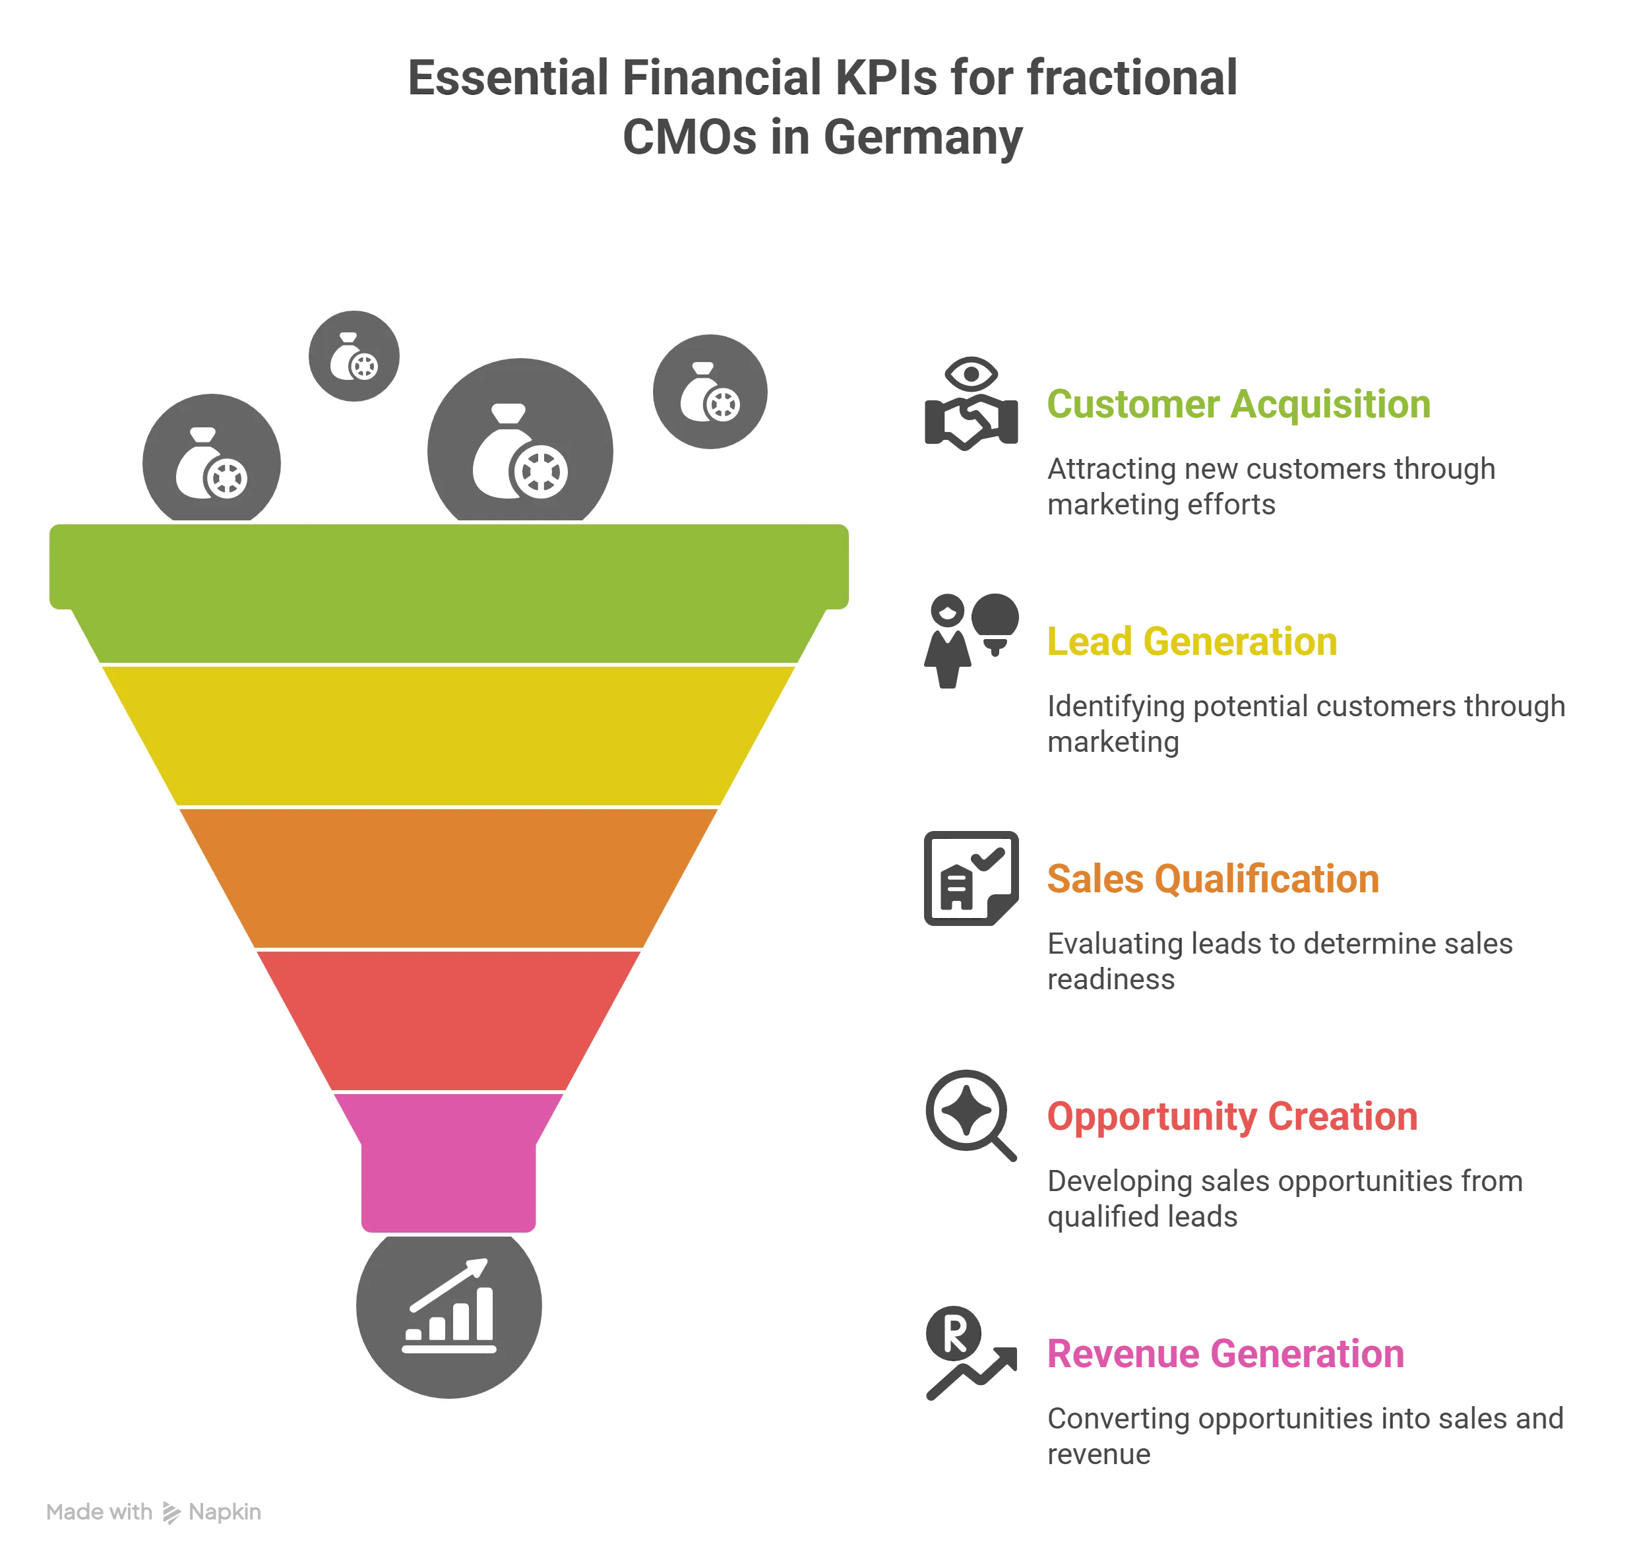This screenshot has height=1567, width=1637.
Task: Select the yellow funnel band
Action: [x=448, y=735]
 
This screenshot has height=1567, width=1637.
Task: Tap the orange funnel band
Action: [x=448, y=877]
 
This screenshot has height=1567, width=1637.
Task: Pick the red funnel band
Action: [x=448, y=1019]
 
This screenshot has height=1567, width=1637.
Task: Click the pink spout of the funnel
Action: [x=448, y=1169]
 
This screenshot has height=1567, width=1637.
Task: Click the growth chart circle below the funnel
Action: [x=448, y=1305]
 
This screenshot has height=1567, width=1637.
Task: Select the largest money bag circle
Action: [x=520, y=451]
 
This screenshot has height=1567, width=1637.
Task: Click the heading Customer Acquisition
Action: [x=1237, y=404]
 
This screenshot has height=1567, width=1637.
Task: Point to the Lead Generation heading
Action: [x=1192, y=642]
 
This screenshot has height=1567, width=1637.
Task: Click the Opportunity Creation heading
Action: [x=1232, y=1116]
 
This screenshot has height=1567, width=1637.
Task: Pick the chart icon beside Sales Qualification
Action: [x=972, y=878]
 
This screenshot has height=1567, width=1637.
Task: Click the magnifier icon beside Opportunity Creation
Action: [x=969, y=1115]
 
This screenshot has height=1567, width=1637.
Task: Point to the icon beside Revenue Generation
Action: [x=969, y=1353]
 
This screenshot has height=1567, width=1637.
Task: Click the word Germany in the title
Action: [x=921, y=138]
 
